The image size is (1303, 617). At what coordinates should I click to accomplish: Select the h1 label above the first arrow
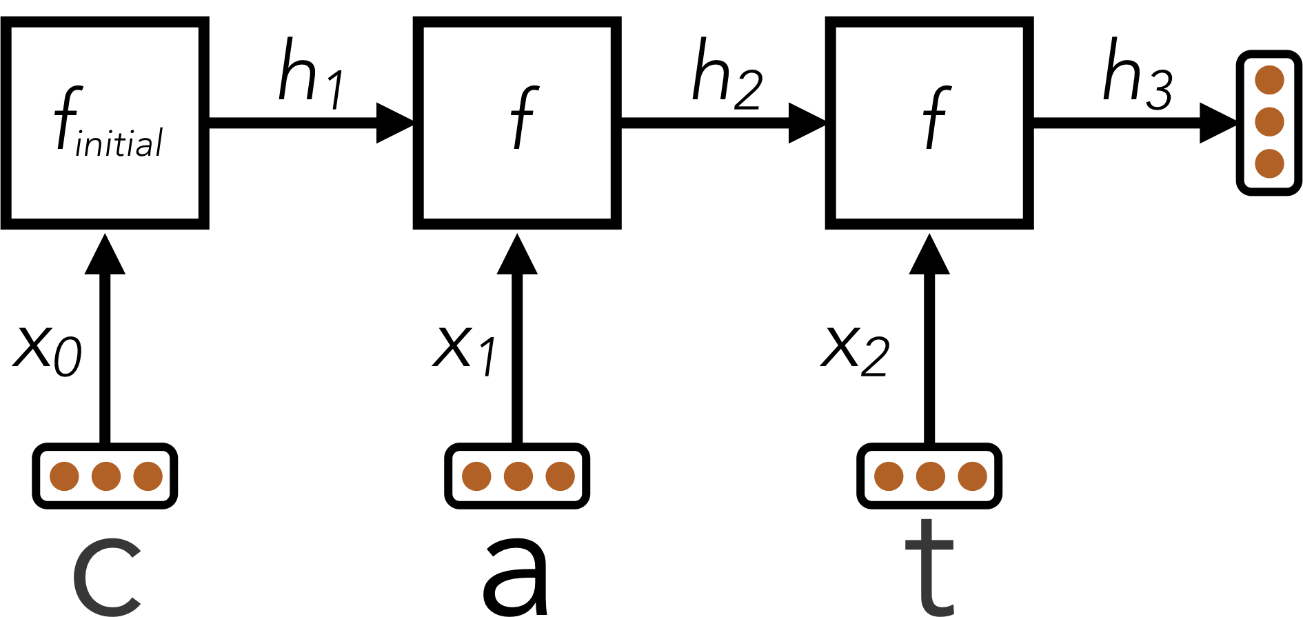(x=310, y=74)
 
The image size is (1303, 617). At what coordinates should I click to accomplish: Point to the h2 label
(x=726, y=74)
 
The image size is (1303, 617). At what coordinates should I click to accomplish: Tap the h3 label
(x=1137, y=74)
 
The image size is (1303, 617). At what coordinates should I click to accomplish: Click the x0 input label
(x=47, y=350)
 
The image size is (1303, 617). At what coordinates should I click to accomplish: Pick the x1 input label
(x=463, y=350)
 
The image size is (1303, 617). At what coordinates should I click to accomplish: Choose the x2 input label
(x=855, y=350)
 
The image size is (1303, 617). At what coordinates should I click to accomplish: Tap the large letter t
(x=929, y=569)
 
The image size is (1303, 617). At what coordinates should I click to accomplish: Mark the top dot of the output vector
(x=1269, y=80)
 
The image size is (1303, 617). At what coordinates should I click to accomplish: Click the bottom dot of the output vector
(x=1269, y=163)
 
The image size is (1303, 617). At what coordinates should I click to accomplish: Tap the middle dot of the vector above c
(x=106, y=476)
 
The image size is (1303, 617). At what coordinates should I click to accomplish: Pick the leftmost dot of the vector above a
(x=476, y=476)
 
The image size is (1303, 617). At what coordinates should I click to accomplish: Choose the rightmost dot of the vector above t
(x=972, y=476)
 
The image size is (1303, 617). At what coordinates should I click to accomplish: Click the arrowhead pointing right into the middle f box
(x=394, y=123)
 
